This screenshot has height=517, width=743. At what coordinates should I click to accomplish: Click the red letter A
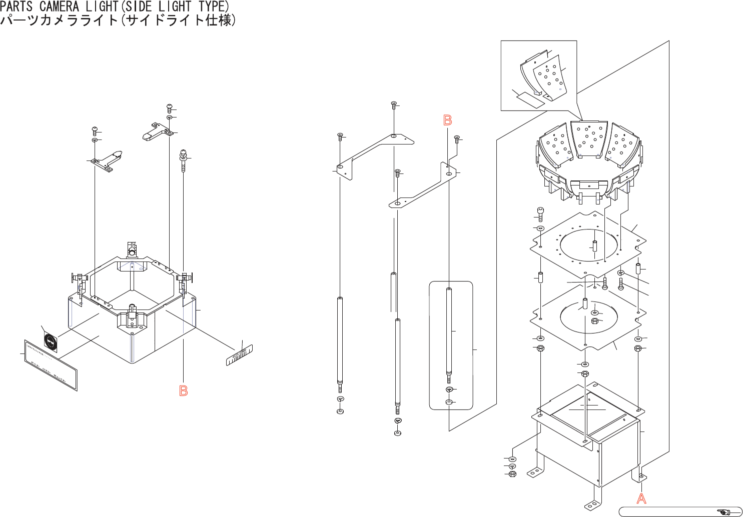coord(641,498)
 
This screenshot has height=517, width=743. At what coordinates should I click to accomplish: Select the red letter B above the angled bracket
coord(448,120)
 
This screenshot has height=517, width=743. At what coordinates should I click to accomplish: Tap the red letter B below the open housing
coord(184,391)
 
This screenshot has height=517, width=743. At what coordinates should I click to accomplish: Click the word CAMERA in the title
coord(59,6)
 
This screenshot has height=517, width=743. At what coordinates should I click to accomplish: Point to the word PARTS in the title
coord(17,6)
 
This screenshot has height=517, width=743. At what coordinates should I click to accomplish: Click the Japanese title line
coord(118,20)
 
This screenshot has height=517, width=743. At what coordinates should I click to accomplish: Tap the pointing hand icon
coord(723,511)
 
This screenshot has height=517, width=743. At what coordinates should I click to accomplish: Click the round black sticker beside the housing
coord(51,342)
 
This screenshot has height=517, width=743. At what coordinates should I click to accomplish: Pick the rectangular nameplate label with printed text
coord(51,364)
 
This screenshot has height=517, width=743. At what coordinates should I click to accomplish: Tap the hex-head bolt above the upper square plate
coord(540,214)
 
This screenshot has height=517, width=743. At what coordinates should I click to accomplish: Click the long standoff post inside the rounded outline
coord(449,332)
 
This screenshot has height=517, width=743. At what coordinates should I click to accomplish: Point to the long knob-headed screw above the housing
coord(184,159)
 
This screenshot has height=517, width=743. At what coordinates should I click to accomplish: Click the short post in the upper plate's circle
coord(595,247)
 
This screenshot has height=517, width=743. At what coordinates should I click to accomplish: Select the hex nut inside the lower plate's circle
coord(595,321)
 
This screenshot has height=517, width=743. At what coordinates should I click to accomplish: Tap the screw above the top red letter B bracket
coord(457,139)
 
